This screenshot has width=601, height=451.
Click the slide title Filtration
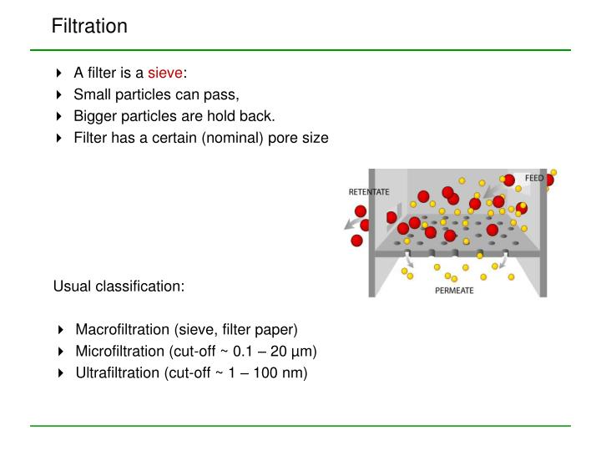(89, 26)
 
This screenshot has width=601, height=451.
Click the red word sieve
(165, 72)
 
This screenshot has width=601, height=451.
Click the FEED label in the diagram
(533, 179)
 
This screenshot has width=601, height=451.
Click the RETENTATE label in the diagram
(368, 192)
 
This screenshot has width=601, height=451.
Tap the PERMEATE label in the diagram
(454, 291)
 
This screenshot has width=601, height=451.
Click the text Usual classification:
(119, 286)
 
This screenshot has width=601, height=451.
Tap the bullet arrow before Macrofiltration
(61, 330)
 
